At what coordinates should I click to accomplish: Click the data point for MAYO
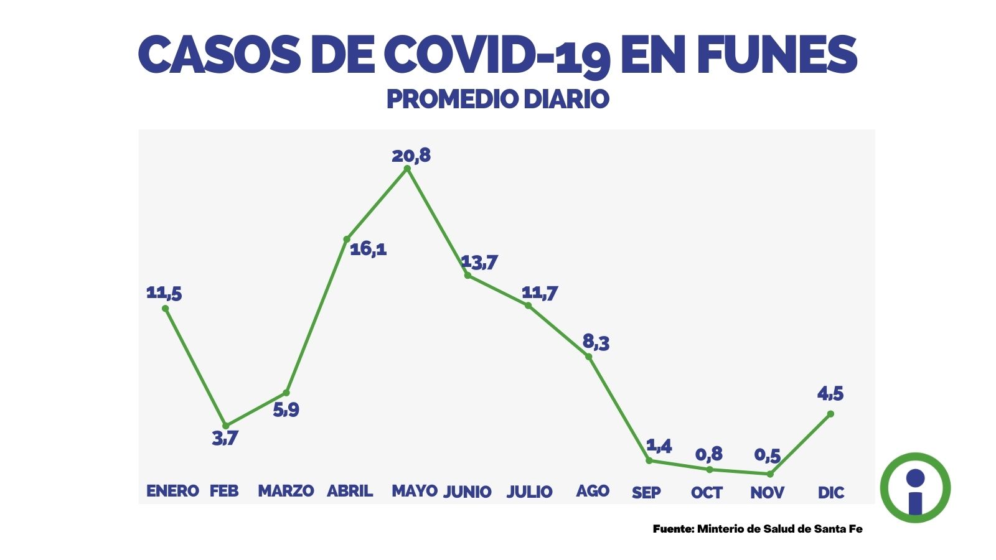tap(408, 168)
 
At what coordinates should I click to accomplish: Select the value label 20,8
tap(411, 155)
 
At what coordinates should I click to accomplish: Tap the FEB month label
tap(224, 491)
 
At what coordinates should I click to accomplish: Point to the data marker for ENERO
tap(165, 308)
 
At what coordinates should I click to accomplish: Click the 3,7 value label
tap(225, 438)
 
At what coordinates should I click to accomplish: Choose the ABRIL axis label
tap(350, 491)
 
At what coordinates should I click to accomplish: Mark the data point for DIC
tap(830, 414)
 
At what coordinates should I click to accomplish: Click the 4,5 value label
tap(830, 394)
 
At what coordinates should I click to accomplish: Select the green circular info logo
tap(915, 487)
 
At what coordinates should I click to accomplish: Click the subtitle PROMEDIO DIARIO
tap(497, 99)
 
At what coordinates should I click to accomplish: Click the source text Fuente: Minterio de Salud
tap(758, 529)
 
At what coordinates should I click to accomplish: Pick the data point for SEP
tap(649, 460)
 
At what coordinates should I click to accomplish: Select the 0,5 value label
tap(767, 455)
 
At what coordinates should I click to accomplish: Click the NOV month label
tap(767, 493)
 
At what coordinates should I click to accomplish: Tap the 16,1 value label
tap(368, 249)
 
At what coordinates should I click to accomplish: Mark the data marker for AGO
tap(588, 357)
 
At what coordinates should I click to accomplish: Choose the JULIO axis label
tap(529, 492)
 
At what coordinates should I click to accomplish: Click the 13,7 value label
tap(479, 262)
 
